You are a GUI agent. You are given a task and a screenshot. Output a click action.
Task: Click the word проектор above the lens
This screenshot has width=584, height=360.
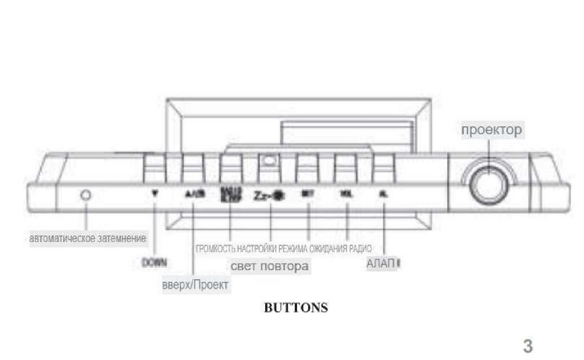(491, 130)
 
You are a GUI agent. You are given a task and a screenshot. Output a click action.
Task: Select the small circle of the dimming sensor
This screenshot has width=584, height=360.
(86, 195)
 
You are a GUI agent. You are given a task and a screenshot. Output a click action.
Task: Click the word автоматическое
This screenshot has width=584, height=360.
(61, 238)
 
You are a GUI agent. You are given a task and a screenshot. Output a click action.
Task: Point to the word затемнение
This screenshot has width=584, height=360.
(121, 238)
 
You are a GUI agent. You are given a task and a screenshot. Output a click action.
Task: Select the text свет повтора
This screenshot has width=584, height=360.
(270, 266)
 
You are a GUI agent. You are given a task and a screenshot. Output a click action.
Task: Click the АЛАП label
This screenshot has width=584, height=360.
(381, 265)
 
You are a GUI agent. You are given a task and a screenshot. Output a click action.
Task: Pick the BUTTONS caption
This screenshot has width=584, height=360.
(296, 308)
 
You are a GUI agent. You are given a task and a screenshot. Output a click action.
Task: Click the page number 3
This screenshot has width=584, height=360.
(528, 346)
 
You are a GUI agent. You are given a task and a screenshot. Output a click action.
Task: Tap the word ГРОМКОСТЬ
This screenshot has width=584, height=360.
(215, 249)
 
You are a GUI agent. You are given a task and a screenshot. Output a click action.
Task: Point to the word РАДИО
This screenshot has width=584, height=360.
(360, 249)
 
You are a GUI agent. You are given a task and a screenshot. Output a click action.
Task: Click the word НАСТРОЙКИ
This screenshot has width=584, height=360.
(257, 249)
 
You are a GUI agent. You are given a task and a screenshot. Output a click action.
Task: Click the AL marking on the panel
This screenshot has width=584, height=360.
(384, 193)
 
